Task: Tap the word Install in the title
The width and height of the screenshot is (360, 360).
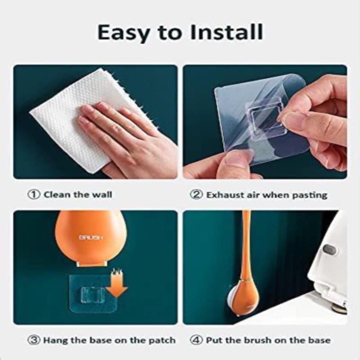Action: coord(227,32)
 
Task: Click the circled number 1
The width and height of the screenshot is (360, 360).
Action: coord(34,195)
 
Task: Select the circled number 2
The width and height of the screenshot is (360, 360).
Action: coord(196,195)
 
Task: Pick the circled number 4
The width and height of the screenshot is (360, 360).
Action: coord(196,340)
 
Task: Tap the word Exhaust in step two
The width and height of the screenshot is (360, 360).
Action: coord(225,195)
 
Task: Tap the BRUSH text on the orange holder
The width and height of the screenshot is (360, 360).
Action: coord(91,237)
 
